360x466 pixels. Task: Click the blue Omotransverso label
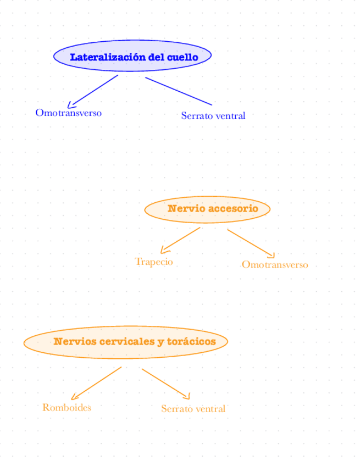click(x=68, y=113)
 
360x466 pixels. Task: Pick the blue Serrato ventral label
click(x=213, y=116)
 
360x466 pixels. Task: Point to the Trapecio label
click(x=154, y=262)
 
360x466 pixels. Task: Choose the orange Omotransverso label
click(x=275, y=265)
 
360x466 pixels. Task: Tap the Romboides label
click(x=67, y=407)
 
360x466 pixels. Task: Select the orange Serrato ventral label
click(x=193, y=409)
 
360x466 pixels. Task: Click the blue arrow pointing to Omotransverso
click(x=93, y=91)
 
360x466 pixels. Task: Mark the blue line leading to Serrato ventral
click(x=179, y=91)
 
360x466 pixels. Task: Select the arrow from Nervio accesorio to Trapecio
click(x=180, y=240)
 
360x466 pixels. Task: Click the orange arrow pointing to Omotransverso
click(x=251, y=243)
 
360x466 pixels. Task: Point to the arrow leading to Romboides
click(x=96, y=383)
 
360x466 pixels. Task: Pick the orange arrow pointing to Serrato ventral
click(x=165, y=383)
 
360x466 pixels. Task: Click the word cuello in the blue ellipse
click(x=182, y=57)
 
